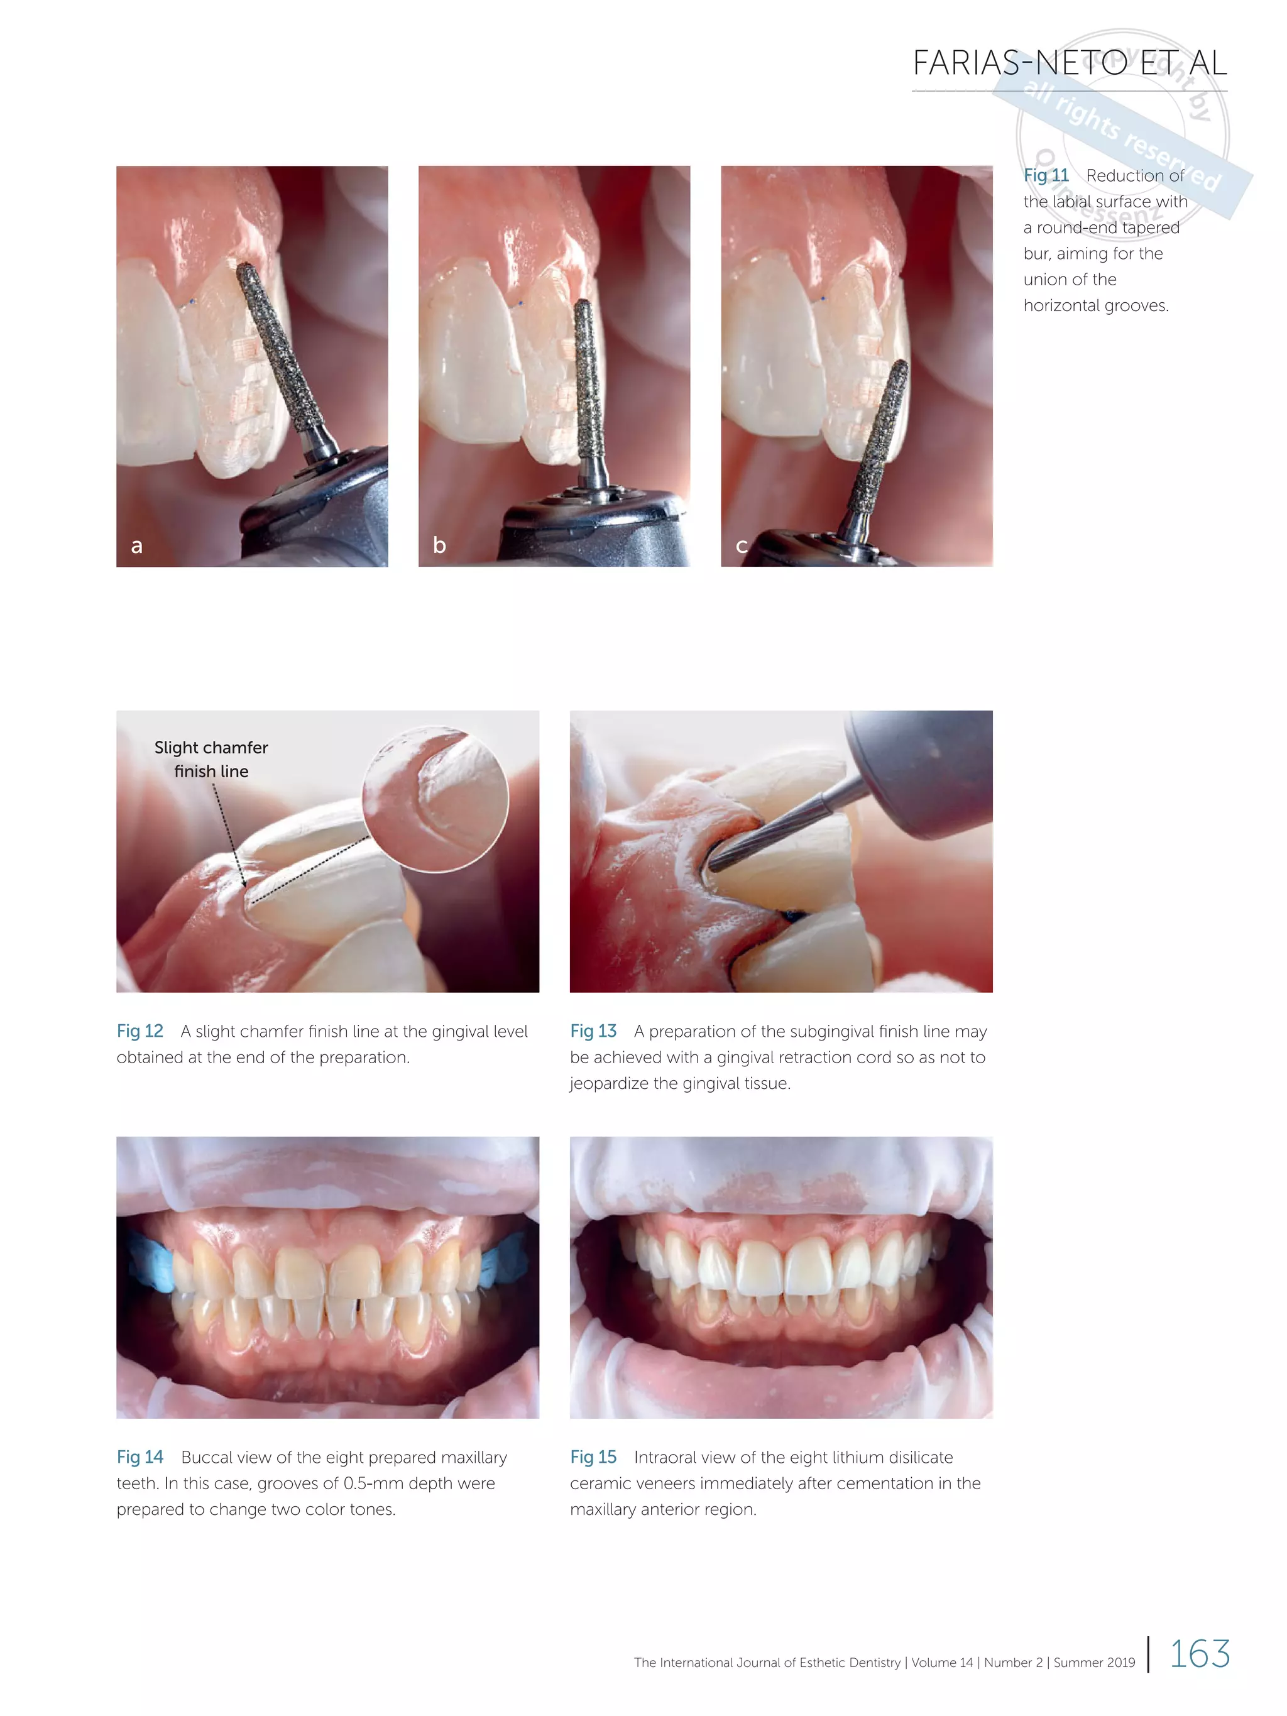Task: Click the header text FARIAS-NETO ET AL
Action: coord(1069,63)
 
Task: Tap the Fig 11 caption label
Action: coord(1045,175)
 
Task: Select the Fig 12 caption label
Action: coord(140,1031)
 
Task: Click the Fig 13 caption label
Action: coord(593,1031)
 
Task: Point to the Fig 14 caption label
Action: coord(140,1457)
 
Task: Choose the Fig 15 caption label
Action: coord(593,1457)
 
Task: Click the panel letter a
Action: coord(136,545)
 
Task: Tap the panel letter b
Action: coord(439,545)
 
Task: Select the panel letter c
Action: coord(741,545)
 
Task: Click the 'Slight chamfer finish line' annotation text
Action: coord(211,758)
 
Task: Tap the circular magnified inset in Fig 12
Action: coord(435,799)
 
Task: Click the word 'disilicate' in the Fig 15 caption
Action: coord(920,1457)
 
